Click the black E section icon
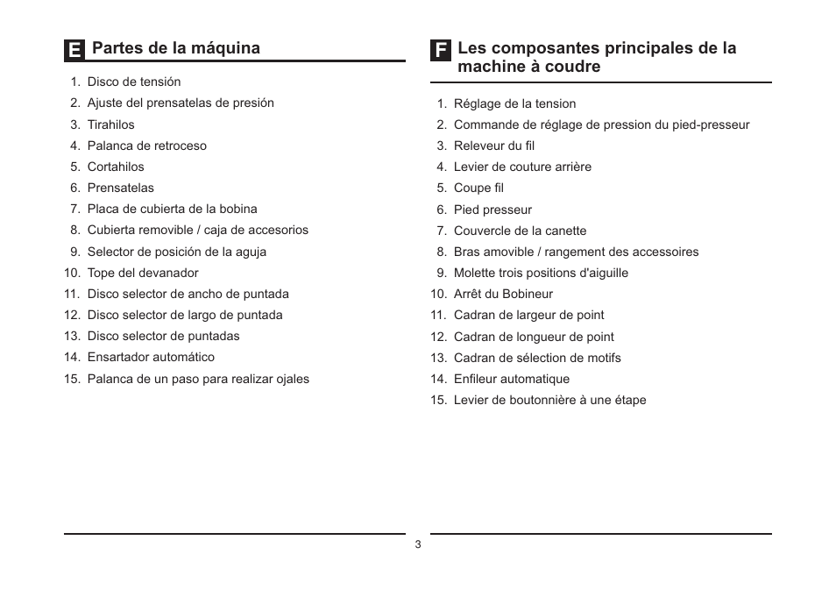coord(74,50)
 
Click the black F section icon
coord(441,50)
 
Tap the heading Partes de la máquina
coord(175,48)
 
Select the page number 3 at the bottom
coord(418,544)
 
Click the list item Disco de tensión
coord(133,82)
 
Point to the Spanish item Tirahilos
coord(110,124)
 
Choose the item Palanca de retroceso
coord(146,146)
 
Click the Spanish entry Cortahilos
coord(116,167)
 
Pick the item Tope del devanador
coord(142,273)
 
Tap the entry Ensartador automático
coord(150,357)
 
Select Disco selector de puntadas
coord(163,336)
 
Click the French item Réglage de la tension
coord(514,103)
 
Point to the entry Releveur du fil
coord(493,146)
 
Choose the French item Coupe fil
coord(478,188)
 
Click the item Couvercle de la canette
coord(520,231)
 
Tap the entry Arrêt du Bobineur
coord(503,294)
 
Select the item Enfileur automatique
coord(511,379)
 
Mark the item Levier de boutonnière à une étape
coord(549,400)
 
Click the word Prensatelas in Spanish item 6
coord(120,188)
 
